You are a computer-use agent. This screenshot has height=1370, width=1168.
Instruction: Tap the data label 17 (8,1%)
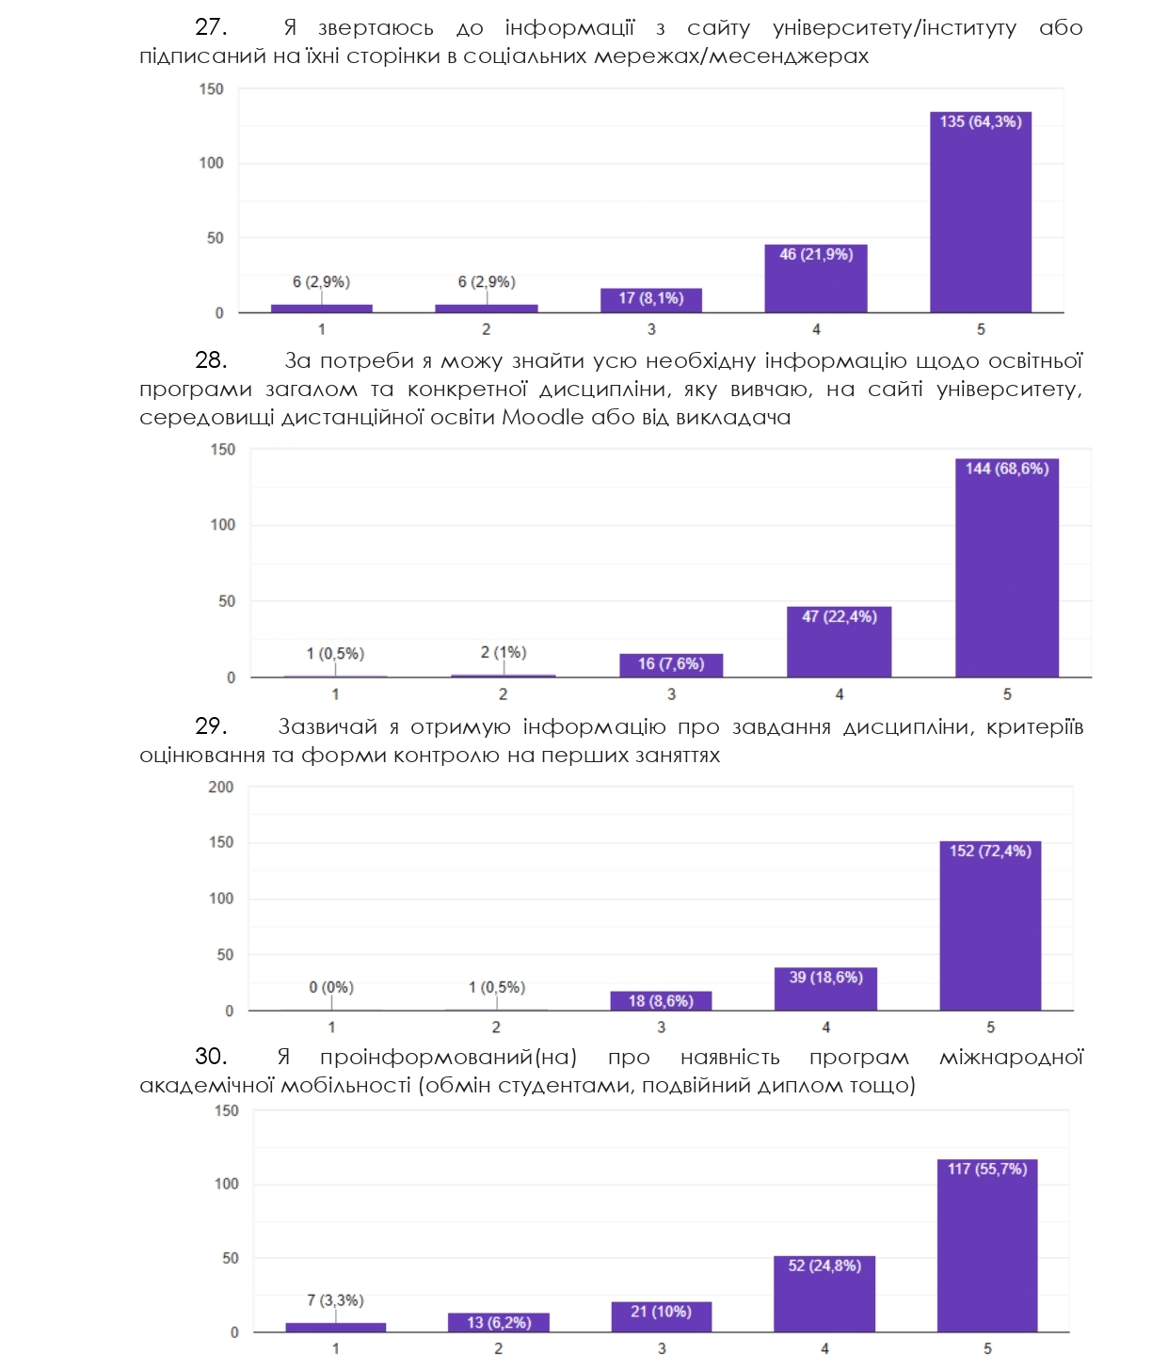[651, 298]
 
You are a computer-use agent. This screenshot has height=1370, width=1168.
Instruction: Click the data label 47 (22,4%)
[840, 616]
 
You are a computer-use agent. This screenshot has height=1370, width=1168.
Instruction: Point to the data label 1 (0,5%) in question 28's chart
[335, 653]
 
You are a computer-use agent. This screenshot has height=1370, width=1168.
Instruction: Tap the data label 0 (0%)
[331, 987]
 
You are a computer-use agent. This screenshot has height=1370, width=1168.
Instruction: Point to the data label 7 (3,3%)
[335, 1300]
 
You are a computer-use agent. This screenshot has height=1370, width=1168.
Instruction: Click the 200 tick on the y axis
[221, 787]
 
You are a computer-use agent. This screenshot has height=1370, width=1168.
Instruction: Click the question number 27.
[211, 27]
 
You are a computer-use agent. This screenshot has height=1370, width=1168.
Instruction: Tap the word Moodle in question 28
[542, 417]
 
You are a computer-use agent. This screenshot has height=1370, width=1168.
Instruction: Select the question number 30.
[211, 1057]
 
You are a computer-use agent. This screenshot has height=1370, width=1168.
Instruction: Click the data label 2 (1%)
[504, 652]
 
